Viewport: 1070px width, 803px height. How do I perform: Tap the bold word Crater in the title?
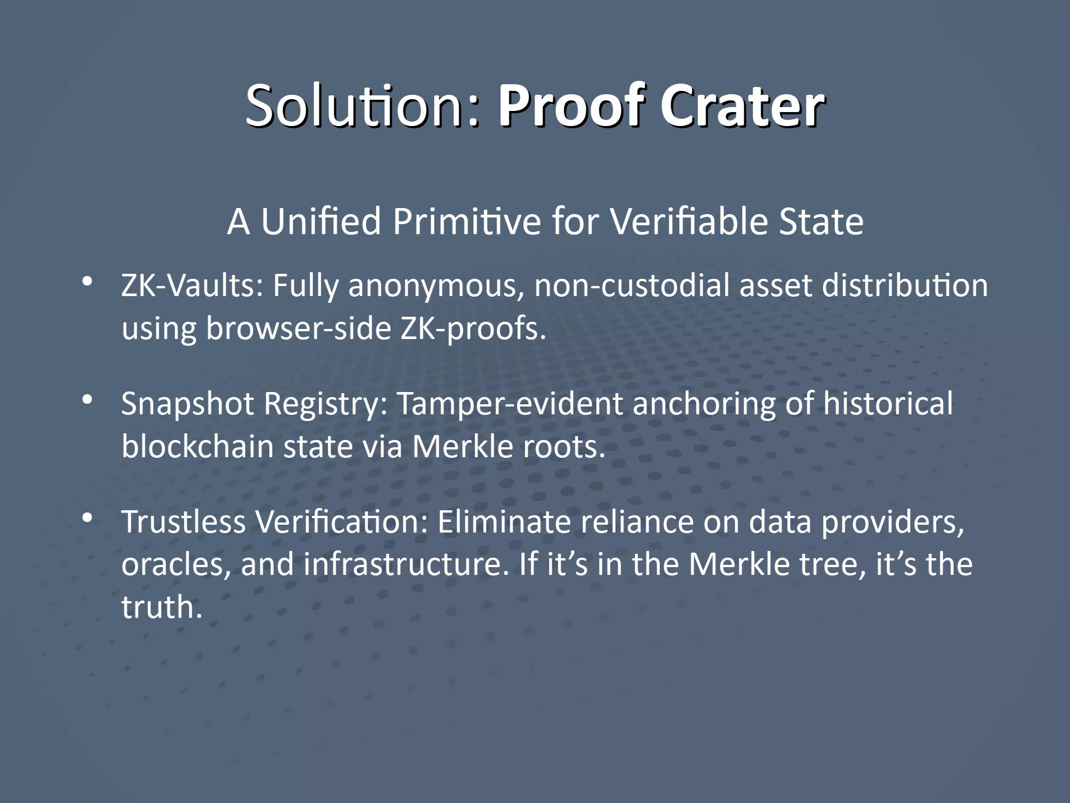[x=742, y=105]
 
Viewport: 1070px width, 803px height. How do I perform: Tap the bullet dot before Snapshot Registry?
[x=87, y=400]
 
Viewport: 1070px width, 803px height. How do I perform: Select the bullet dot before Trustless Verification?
[x=87, y=518]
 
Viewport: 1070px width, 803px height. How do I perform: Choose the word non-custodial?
[x=631, y=286]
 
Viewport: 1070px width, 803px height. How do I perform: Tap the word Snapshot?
[x=187, y=404]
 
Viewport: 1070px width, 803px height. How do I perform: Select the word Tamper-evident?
[x=509, y=404]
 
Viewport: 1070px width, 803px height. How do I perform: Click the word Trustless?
[x=183, y=522]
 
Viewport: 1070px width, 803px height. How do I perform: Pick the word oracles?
[x=176, y=564]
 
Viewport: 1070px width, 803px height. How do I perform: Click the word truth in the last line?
[x=161, y=607]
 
